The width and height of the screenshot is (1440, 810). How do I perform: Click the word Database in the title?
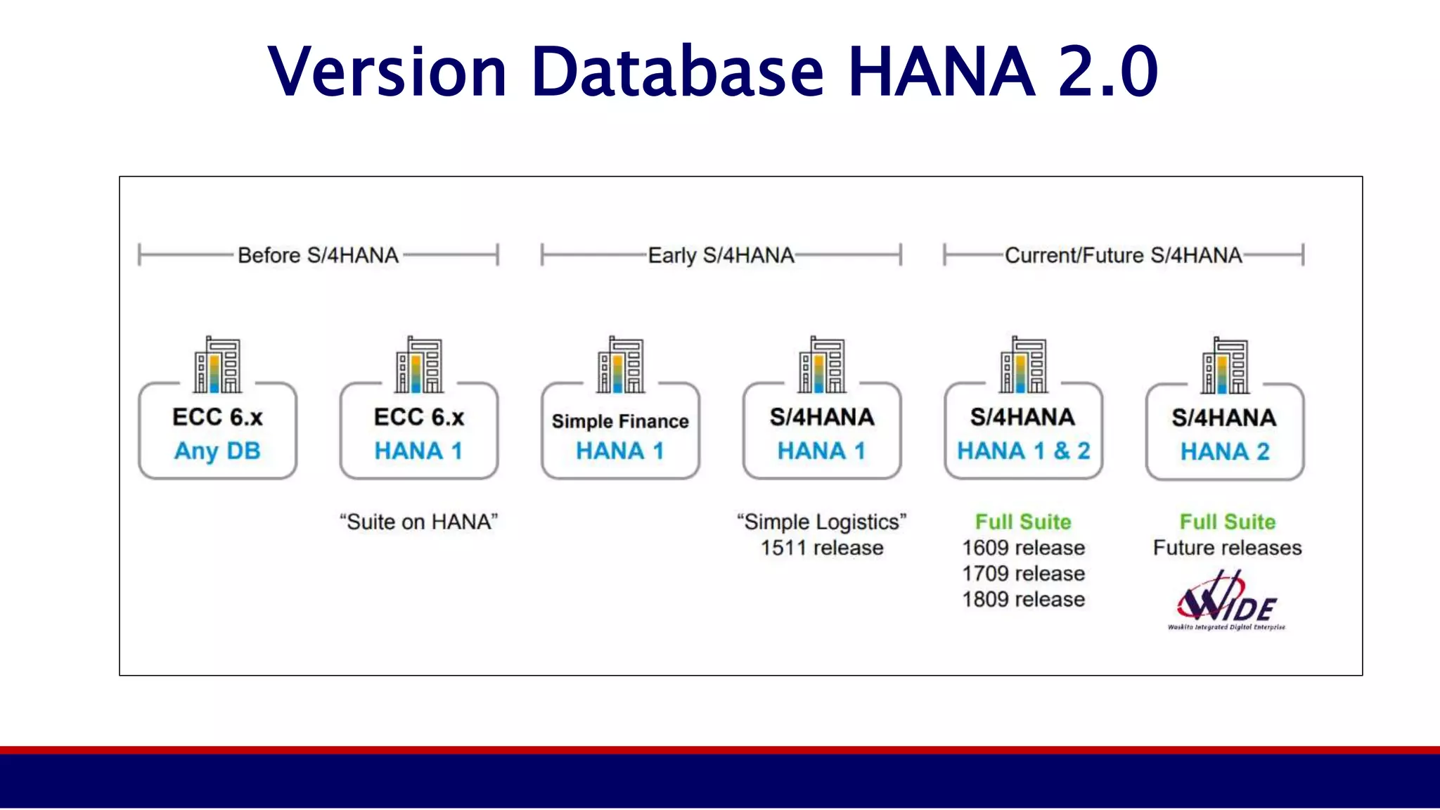pos(677,72)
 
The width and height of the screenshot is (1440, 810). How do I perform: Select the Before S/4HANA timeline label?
pos(318,255)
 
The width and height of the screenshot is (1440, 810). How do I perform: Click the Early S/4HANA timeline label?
pos(721,255)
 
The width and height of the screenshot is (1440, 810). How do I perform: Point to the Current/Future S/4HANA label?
pos(1123,255)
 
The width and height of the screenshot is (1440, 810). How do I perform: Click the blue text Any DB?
pos(217,451)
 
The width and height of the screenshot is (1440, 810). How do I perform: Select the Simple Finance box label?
pos(620,421)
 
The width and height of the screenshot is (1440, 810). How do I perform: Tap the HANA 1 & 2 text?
pos(1023,451)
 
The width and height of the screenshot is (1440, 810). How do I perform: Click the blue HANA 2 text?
pos(1225,451)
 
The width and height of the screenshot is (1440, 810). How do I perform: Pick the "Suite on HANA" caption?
pos(418,522)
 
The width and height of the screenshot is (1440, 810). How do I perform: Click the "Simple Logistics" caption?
pos(821,522)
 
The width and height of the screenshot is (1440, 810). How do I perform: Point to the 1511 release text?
pos(821,548)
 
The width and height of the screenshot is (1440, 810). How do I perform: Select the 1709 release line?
pos(1023,574)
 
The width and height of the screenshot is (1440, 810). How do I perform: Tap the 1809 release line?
pos(1023,600)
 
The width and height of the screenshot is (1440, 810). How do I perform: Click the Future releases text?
pos(1227,548)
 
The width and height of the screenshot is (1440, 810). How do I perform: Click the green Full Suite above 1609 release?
pos(1023,522)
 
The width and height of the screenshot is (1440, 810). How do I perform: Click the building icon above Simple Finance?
pos(620,365)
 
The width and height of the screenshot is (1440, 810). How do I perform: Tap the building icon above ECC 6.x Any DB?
pos(217,365)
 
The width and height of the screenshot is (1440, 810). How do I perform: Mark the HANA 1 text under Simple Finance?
pos(620,451)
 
